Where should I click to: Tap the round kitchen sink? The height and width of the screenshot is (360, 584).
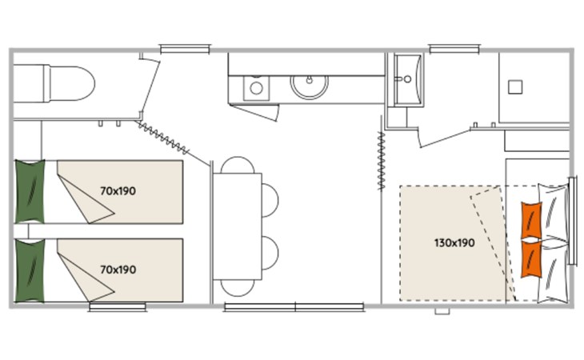[309, 86]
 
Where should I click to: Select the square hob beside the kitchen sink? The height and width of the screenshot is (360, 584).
[256, 88]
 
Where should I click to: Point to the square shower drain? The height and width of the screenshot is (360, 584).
[515, 87]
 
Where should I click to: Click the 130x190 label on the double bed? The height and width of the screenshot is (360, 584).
[454, 243]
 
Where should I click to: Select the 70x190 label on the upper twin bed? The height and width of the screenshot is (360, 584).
[118, 191]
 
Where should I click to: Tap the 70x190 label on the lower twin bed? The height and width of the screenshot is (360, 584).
[118, 270]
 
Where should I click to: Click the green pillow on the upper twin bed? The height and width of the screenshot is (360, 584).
[30, 191]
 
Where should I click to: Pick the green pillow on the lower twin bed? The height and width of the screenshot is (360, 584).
[30, 270]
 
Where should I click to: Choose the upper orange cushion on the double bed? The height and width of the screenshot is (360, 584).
[531, 220]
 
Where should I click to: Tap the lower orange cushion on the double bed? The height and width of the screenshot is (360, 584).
[531, 259]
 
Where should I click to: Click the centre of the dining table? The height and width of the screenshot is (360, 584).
[238, 226]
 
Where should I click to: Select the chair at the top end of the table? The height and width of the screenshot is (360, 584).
[238, 165]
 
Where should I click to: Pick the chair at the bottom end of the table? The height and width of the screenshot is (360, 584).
[238, 288]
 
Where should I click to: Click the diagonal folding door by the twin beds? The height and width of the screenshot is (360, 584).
[162, 138]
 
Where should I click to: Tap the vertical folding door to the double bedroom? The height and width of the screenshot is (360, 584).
[381, 161]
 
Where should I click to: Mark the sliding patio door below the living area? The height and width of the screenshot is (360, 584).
[294, 307]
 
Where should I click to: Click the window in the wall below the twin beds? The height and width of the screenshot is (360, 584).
[118, 307]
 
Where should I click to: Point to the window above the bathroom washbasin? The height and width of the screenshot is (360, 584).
[454, 49]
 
